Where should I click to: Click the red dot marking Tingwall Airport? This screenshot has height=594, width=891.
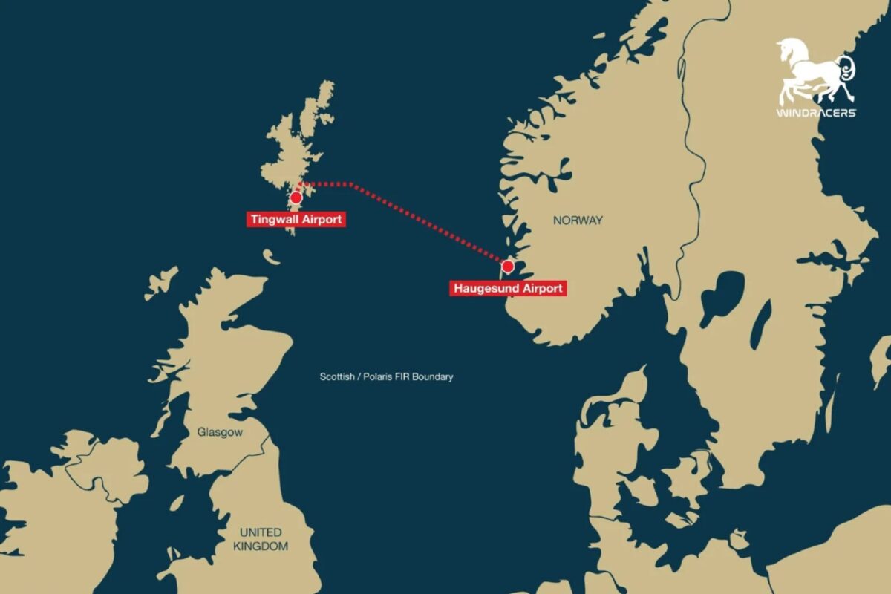pos(296,198)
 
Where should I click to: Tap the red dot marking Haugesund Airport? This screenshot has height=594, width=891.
pos(508,266)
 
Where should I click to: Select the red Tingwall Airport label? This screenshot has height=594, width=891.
pos(296,219)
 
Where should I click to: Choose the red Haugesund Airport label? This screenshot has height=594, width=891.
pos(508,288)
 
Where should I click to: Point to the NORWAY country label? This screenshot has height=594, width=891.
pos(578,221)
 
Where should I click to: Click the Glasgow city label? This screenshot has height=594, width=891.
pos(220,431)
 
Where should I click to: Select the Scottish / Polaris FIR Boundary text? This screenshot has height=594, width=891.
pos(386,377)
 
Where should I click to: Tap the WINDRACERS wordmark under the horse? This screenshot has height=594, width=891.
pos(816,113)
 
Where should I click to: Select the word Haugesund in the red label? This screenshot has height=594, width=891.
pos(484,288)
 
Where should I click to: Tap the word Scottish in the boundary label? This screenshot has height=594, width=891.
pos(337,377)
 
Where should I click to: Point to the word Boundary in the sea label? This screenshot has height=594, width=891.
pos(434,377)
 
